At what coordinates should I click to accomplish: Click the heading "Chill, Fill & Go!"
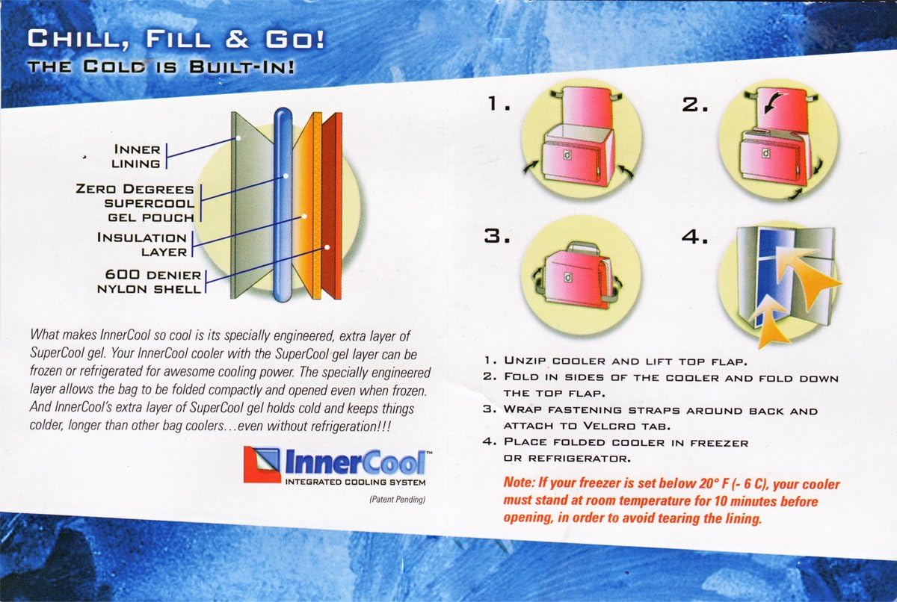coord(175,38)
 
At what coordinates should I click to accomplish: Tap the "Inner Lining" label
coord(135,156)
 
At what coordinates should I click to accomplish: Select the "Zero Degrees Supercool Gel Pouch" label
coord(135,203)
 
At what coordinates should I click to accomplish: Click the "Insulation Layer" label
coord(142,244)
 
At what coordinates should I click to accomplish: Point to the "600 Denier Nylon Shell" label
coord(149,282)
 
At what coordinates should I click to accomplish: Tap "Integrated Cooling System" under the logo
coord(356,483)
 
